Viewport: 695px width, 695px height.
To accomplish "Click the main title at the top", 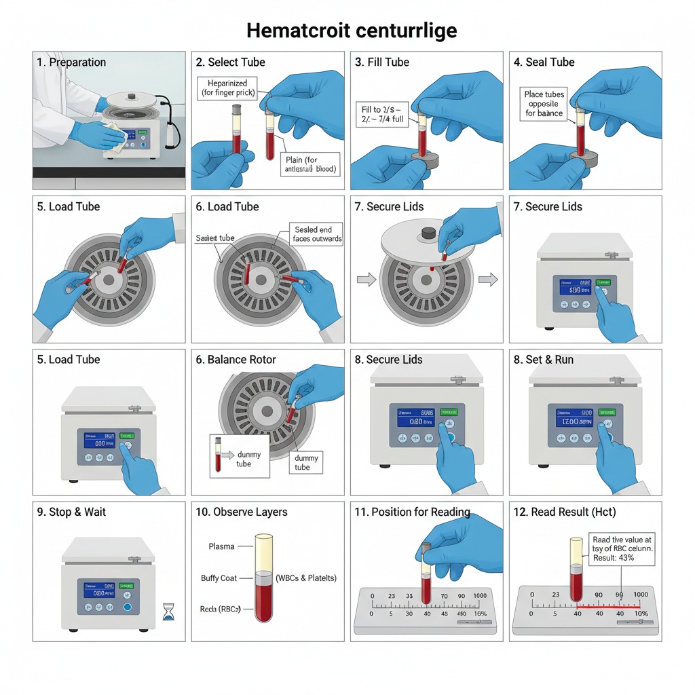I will click(x=351, y=31).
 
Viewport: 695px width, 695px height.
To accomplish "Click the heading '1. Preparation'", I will click(x=71, y=62).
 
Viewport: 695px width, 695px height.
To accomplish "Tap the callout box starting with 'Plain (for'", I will click(x=310, y=164).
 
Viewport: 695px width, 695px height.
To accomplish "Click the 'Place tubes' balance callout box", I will click(x=544, y=104).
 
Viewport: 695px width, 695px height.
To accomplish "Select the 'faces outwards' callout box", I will click(x=317, y=234).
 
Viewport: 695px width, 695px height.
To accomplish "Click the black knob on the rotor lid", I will click(x=428, y=233).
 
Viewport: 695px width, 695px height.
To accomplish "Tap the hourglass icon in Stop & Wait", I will click(x=168, y=612).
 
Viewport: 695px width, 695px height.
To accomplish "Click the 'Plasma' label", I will click(x=222, y=546).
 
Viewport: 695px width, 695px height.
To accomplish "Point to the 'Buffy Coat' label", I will click(x=219, y=578).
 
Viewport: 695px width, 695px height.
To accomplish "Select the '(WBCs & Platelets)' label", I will click(x=306, y=578).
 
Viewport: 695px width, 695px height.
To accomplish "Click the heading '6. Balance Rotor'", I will click(x=236, y=360).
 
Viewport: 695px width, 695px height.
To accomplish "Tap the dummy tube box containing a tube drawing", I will click(x=240, y=455).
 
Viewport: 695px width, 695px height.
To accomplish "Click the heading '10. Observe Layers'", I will click(x=241, y=512).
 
